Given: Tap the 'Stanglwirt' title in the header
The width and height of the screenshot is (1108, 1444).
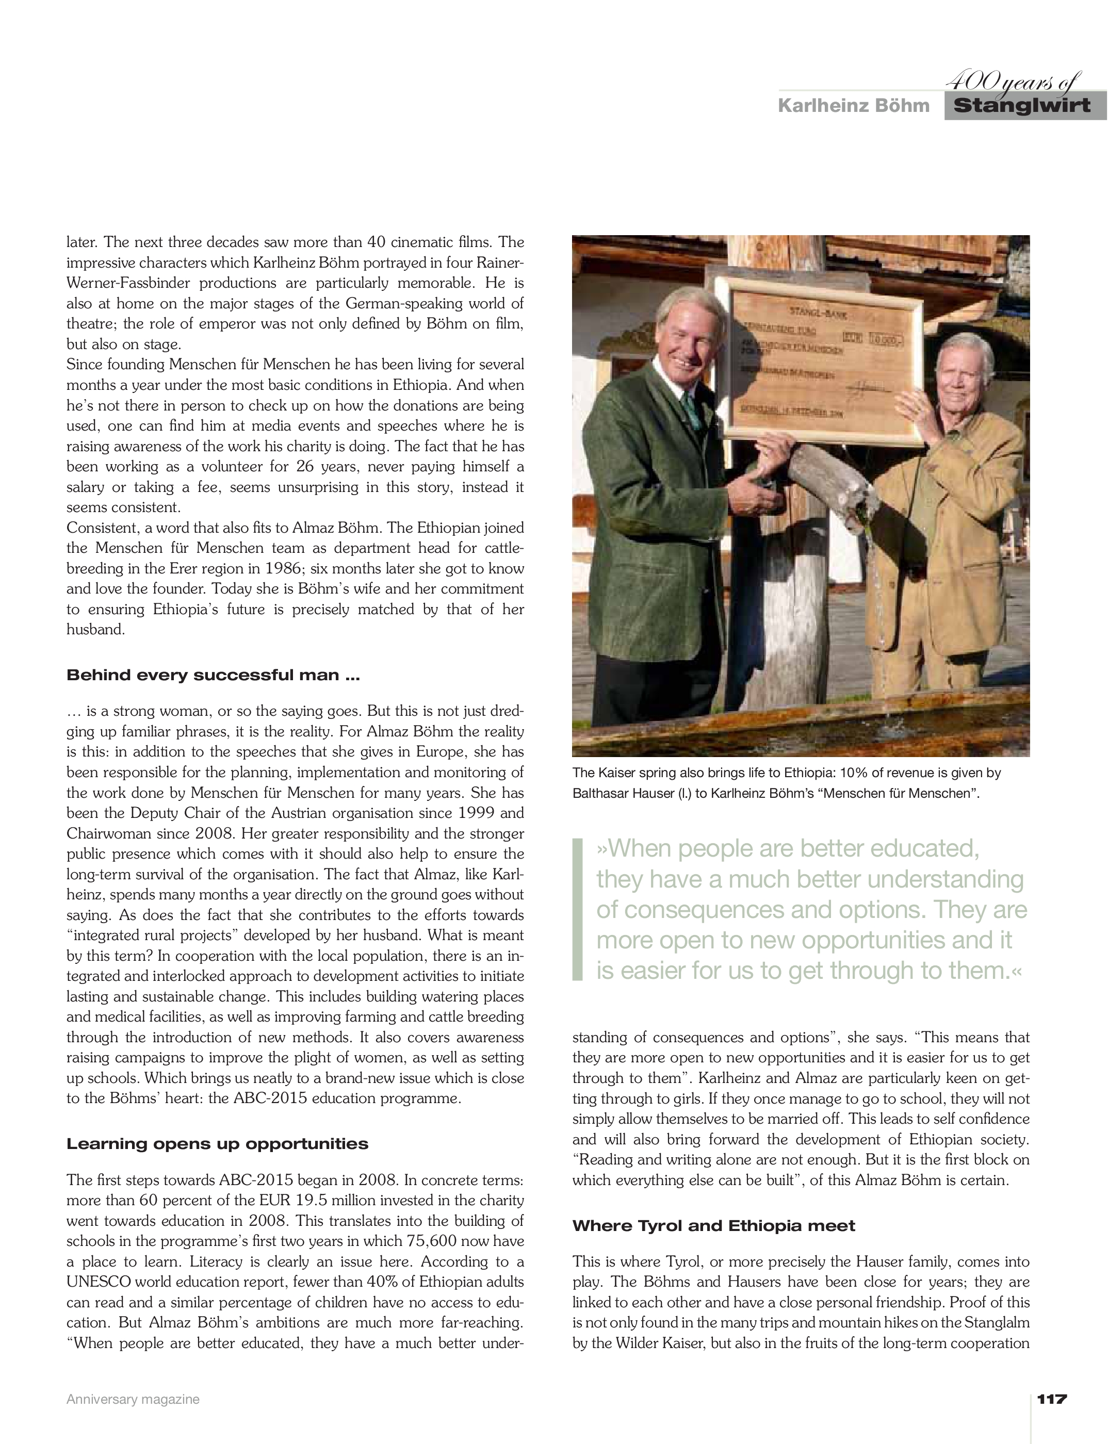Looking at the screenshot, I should [x=1022, y=106].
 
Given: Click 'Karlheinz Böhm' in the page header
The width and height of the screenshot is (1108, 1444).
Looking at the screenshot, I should [x=853, y=106].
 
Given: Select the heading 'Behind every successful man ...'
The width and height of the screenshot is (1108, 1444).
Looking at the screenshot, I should [x=213, y=675].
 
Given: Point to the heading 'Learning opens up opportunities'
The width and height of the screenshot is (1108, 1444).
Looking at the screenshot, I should [x=217, y=1144].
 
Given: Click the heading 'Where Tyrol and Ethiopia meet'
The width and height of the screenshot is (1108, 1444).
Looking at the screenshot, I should [x=713, y=1226].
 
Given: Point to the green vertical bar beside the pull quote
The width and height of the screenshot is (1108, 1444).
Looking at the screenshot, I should [x=578, y=909].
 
